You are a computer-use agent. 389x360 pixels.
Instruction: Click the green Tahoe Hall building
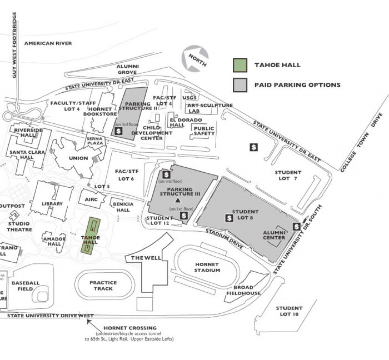[90, 236]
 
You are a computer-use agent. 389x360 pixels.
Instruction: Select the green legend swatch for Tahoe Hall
[240, 65]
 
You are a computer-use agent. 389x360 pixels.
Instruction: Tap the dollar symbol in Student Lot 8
[229, 218]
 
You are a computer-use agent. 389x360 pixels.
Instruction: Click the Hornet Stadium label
[207, 267]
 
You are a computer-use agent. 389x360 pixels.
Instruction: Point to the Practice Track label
[103, 286]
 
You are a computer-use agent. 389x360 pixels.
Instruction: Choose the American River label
[48, 43]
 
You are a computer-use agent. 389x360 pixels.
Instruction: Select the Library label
[52, 204]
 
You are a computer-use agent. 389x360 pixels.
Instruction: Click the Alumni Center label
[274, 235]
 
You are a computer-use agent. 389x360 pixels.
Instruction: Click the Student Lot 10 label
[289, 311]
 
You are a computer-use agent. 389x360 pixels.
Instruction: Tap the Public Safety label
[204, 131]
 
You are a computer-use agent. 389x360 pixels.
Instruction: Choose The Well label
[146, 258]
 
